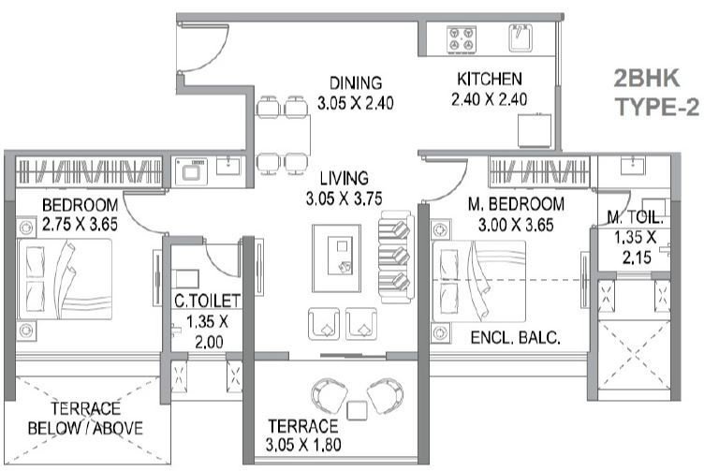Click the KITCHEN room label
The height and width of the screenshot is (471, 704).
click(x=489, y=80)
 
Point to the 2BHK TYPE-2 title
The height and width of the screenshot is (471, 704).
click(x=655, y=91)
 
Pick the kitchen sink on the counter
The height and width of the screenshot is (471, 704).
click(x=521, y=37)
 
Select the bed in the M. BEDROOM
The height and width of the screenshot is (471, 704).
click(x=479, y=278)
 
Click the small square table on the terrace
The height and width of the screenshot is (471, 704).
click(x=355, y=408)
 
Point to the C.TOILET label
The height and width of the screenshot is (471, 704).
click(x=207, y=301)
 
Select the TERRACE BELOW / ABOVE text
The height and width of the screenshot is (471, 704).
click(x=84, y=419)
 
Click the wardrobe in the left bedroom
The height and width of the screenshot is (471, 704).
click(x=89, y=171)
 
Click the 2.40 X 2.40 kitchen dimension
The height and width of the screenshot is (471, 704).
click(x=489, y=99)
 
